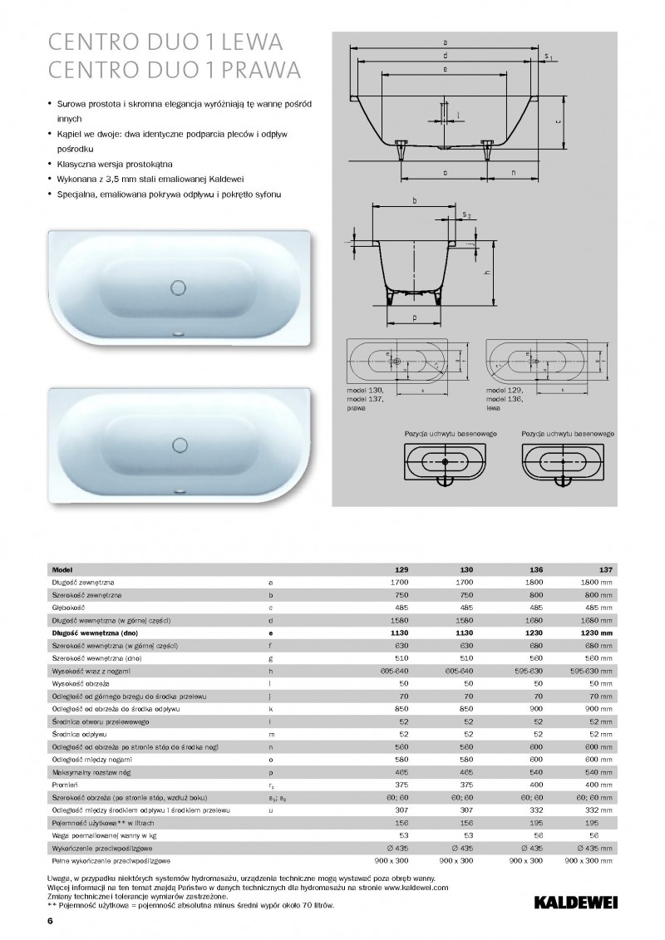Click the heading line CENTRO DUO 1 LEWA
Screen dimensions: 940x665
pyautogui.click(x=166, y=42)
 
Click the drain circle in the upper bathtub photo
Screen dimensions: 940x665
pyautogui.click(x=179, y=288)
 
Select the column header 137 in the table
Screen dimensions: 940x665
pyautogui.click(x=605, y=570)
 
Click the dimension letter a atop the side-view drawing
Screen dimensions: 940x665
pyautogui.click(x=446, y=41)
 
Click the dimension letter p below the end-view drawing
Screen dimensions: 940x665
pyautogui.click(x=413, y=317)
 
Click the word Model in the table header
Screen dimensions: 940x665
pyautogui.click(x=62, y=570)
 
